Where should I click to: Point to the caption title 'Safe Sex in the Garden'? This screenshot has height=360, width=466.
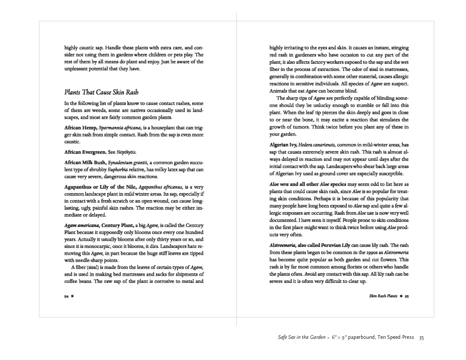pos(301,337)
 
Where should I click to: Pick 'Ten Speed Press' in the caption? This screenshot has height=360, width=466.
pos(392,337)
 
